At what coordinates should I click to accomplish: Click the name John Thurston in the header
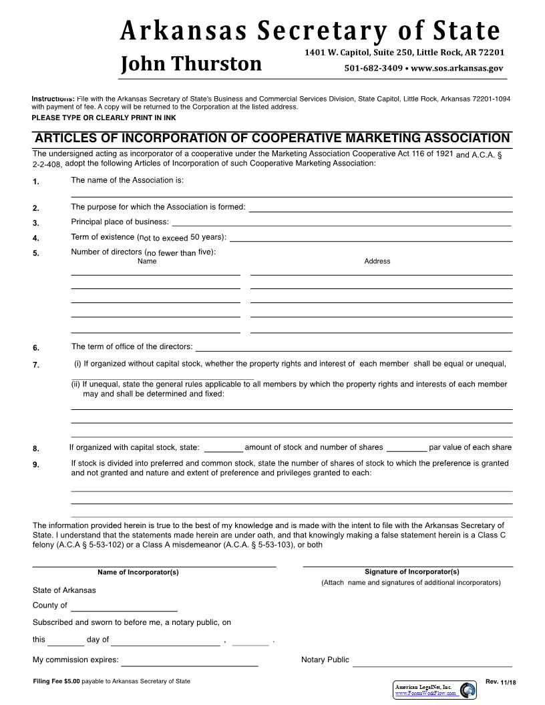[191, 64]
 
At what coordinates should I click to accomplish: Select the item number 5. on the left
[36, 253]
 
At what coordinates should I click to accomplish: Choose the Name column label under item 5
[147, 261]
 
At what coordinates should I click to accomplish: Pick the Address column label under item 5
[377, 261]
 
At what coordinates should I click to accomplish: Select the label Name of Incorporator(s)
[138, 572]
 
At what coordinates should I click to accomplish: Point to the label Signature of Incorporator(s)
[412, 571]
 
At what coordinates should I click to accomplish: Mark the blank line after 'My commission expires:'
[190, 665]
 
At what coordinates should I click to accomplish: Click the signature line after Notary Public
[432, 665]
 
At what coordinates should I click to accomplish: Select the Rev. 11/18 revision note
[501, 681]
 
